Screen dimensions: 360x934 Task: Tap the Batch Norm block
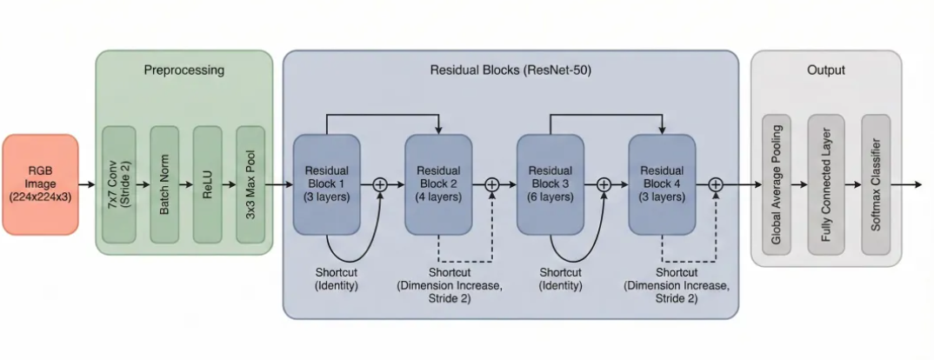[163, 184]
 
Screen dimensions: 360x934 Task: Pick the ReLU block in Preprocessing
[208, 184]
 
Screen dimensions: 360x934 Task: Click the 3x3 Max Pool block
[252, 184]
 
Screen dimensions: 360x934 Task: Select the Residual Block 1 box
[327, 184]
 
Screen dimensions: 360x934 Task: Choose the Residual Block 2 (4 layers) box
[438, 184]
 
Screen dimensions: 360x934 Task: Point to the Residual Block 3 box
[550, 184]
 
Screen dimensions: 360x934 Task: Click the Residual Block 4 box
[662, 184]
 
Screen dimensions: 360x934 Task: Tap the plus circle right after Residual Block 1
[380, 184]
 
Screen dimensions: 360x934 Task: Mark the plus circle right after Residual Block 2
[491, 184]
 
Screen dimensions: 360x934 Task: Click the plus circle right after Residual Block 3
[604, 184]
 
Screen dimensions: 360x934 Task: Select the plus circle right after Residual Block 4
[716, 184]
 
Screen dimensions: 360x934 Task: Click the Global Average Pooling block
[777, 184]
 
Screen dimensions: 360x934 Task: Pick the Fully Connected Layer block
[826, 184]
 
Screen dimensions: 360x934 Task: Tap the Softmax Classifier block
[877, 184]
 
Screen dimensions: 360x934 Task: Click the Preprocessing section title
[183, 70]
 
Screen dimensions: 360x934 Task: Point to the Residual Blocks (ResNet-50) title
[510, 70]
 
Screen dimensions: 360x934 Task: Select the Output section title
[825, 70]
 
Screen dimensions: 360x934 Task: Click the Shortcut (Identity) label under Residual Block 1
[336, 278]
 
